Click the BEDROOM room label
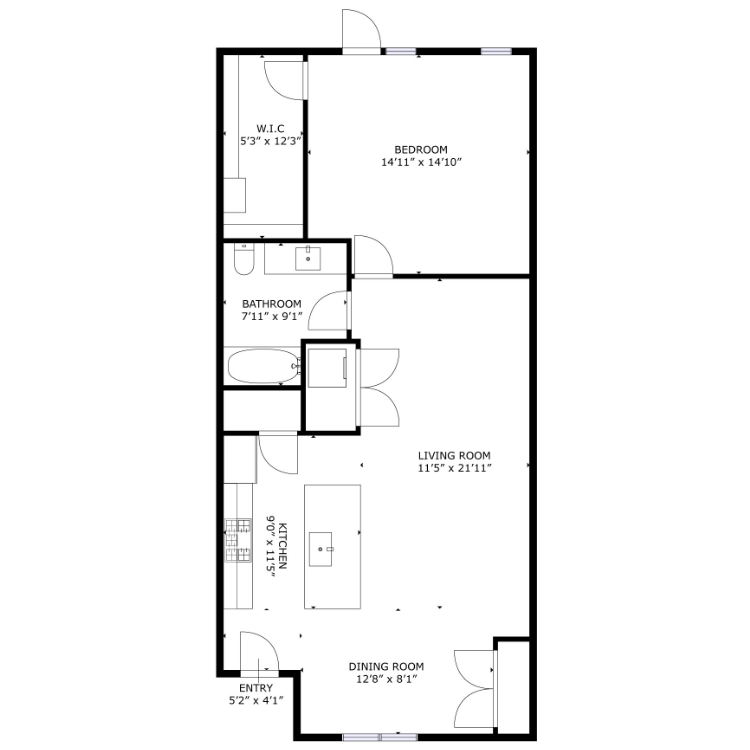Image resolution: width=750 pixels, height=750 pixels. coord(420,150)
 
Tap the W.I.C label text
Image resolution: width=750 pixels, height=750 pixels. coord(270,129)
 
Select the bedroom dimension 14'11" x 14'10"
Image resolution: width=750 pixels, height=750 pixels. coord(421,162)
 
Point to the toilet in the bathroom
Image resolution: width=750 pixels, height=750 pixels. coord(244,259)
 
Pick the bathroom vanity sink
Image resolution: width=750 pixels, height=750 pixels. coord(308,259)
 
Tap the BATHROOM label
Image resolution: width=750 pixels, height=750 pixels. coord(272,304)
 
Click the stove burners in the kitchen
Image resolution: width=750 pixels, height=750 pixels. coord(238,540)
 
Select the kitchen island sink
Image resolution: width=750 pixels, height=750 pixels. coord(320,549)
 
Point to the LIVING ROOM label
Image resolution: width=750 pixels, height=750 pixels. coord(454,456)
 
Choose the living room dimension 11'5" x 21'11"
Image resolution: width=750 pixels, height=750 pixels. coord(454,468)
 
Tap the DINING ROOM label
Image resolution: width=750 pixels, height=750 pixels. coord(386,666)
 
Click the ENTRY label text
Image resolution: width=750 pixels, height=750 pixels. coord(256,688)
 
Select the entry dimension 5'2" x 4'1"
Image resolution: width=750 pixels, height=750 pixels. coord(256,701)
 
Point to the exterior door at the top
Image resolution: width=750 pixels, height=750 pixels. coord(362,30)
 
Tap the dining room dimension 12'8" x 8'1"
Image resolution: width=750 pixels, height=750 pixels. coord(386,679)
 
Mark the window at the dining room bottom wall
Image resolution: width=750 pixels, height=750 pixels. coord(380,737)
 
